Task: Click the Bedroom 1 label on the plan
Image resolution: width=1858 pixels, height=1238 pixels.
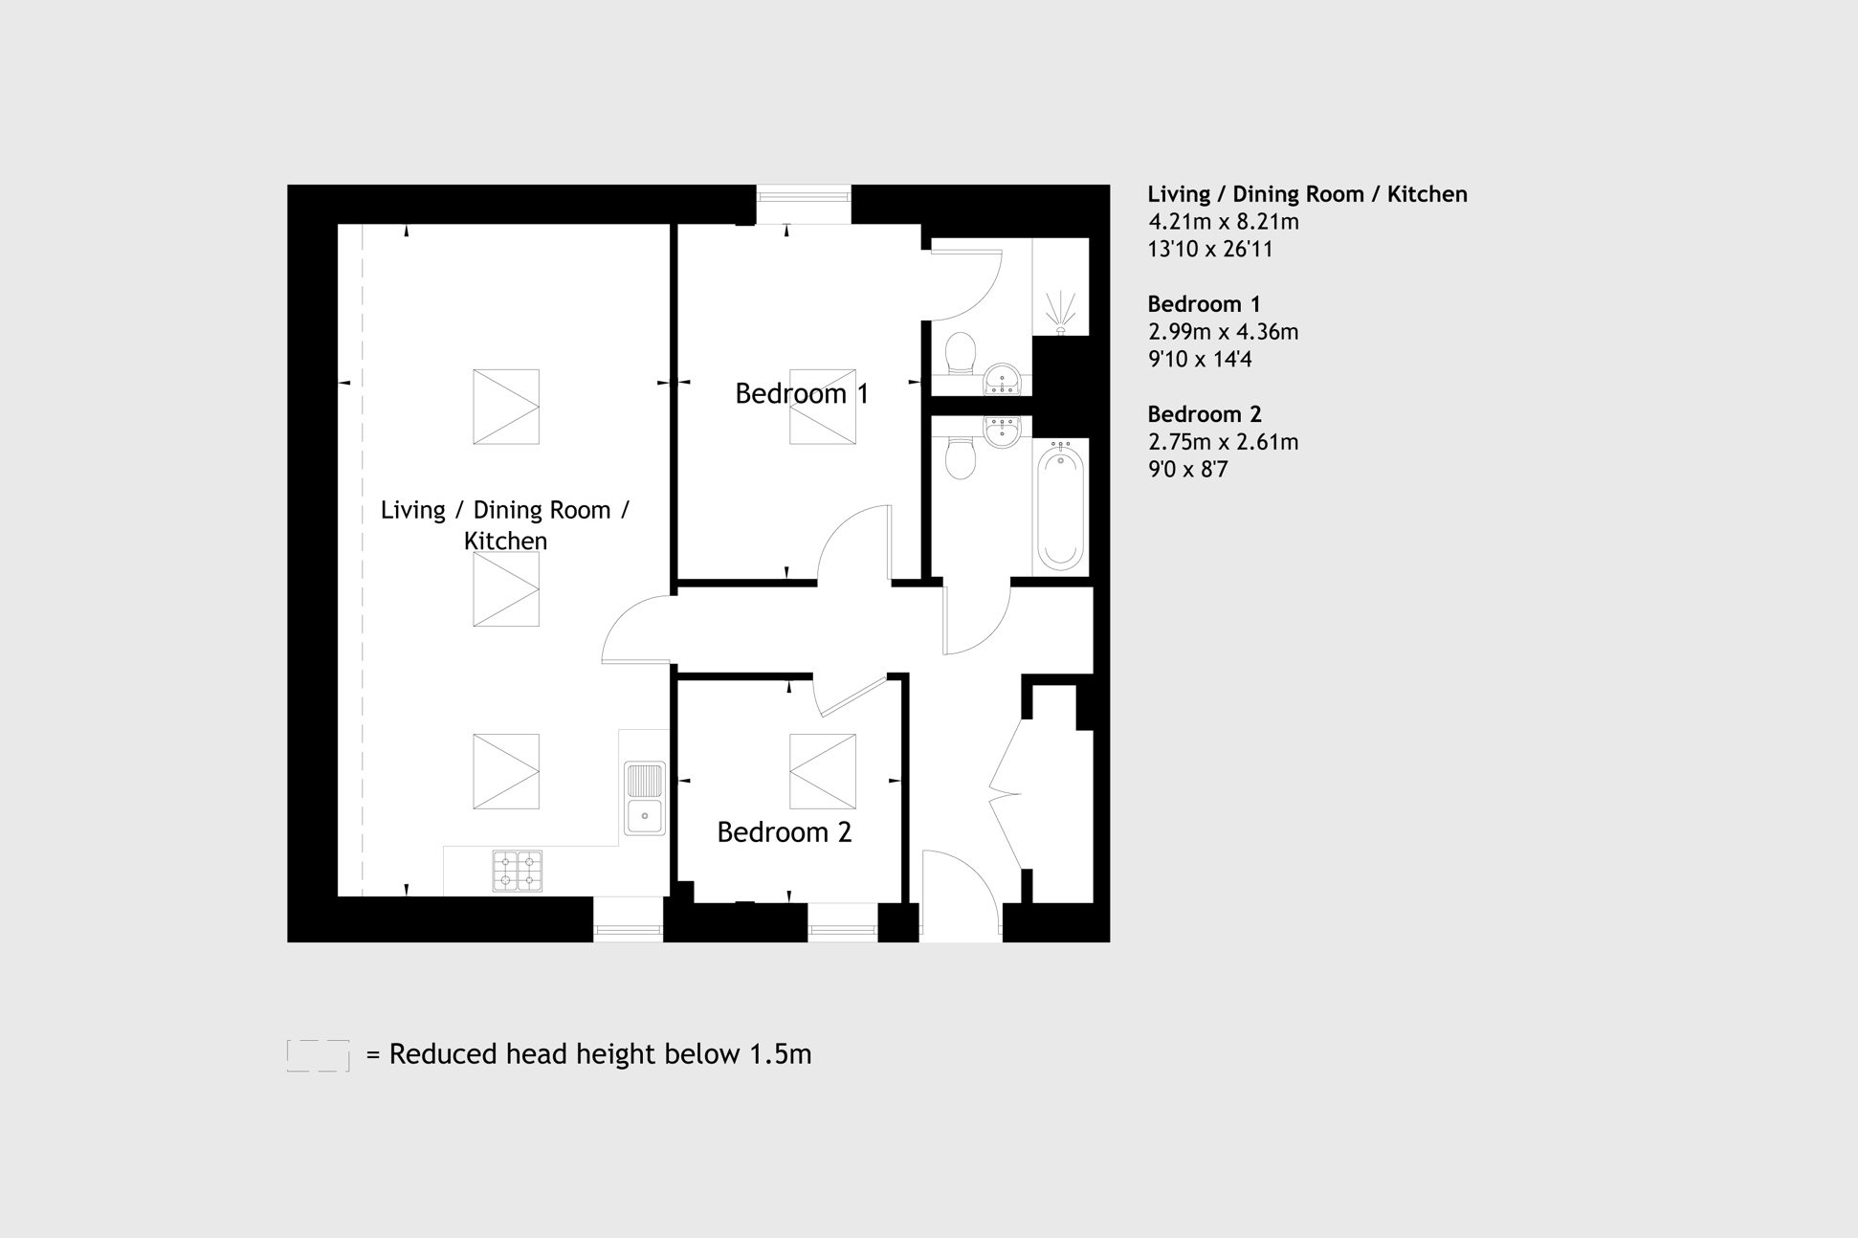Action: click(802, 394)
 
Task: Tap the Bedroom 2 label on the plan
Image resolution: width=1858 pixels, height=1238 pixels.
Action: click(785, 832)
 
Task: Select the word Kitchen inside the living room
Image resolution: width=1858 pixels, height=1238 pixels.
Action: click(505, 542)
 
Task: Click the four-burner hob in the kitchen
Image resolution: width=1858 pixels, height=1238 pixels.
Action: click(518, 872)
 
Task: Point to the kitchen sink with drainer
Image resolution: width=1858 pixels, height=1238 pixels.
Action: click(645, 798)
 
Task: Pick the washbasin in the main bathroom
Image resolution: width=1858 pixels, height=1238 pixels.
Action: click(1002, 431)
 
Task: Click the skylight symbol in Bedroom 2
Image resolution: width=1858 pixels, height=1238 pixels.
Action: click(823, 771)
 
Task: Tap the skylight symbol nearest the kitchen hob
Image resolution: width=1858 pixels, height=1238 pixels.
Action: click(506, 771)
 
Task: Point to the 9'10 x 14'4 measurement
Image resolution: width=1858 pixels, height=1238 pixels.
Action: click(1200, 360)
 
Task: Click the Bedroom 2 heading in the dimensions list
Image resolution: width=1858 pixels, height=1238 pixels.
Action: click(1205, 414)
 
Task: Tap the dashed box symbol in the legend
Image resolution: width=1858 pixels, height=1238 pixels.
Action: click(319, 1055)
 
